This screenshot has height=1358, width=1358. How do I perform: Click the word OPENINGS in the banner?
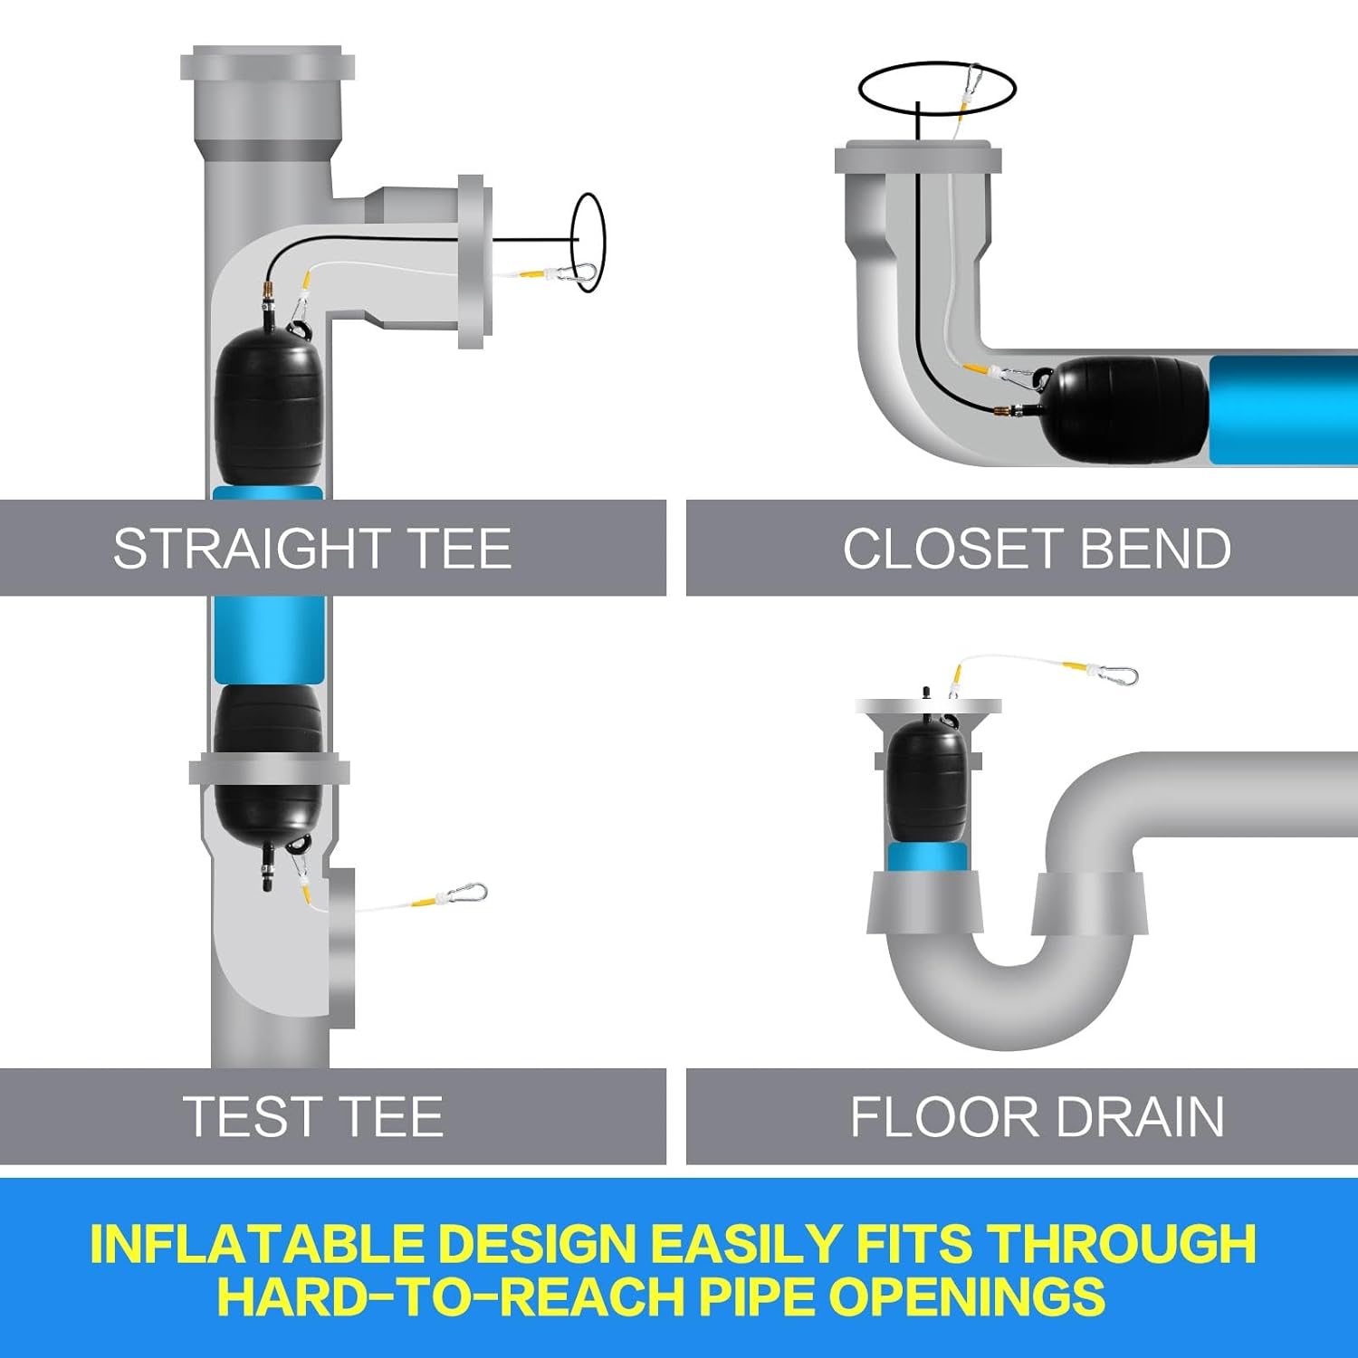(966, 1296)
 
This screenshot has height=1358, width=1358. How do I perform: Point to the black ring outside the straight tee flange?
(588, 243)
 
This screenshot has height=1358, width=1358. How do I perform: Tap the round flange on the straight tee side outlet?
(474, 263)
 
